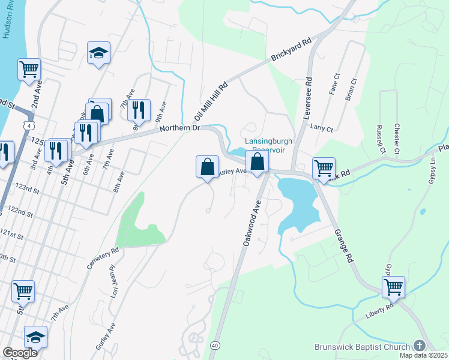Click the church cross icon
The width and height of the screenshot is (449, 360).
[x=419, y=346]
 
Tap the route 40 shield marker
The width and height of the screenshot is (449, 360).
[x=214, y=344]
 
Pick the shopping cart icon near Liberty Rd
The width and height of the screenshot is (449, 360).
[x=393, y=287]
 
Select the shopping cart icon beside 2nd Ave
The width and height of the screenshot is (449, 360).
[x=29, y=69]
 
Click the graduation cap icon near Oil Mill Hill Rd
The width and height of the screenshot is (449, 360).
[x=98, y=52]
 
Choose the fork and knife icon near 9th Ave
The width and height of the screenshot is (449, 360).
[x=139, y=110]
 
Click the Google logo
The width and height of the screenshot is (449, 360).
[x=20, y=353]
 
